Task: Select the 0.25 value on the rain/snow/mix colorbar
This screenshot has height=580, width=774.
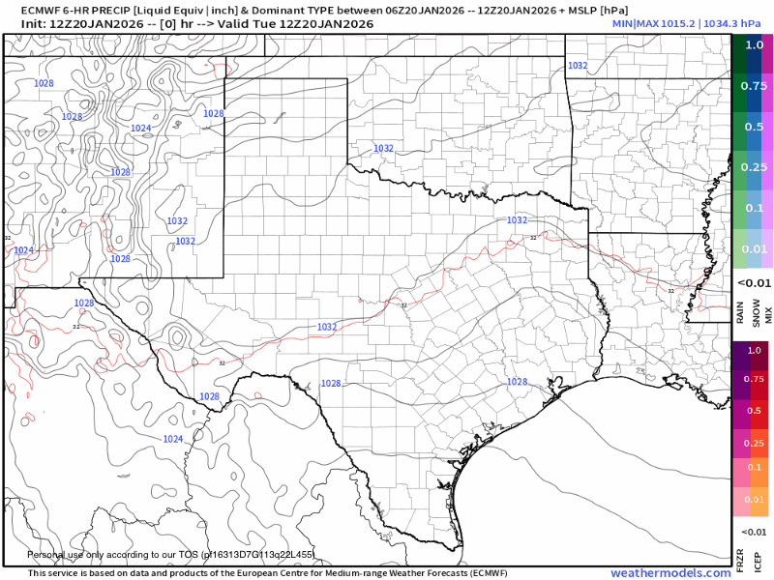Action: click(754, 166)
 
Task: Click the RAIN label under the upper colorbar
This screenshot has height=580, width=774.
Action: click(740, 311)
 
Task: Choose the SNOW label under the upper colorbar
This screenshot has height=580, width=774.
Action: click(754, 311)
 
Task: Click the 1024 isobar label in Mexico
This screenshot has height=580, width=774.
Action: click(172, 439)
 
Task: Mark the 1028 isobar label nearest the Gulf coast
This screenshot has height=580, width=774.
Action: click(518, 382)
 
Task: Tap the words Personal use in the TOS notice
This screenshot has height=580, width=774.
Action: click(59, 555)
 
